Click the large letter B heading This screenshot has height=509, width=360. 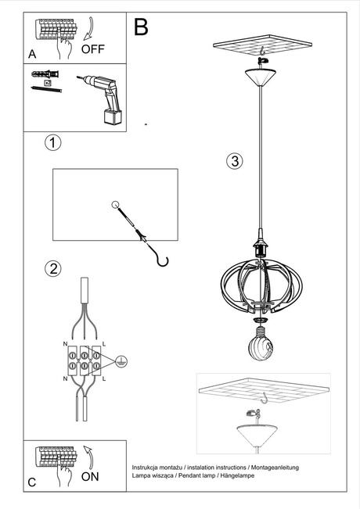141,27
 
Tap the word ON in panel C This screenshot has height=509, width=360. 90,476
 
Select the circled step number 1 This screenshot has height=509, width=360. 52,143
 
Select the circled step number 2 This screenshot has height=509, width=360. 52,269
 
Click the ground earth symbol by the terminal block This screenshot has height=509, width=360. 121,360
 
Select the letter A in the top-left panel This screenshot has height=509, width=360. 32,54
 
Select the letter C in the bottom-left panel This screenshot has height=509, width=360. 32,482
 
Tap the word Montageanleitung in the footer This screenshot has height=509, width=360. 273,466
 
